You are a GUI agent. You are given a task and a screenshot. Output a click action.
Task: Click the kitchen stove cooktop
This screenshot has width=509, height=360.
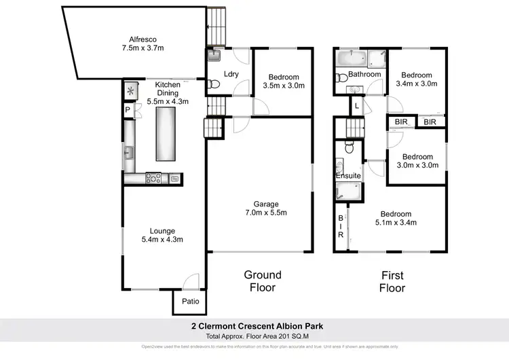(153, 179)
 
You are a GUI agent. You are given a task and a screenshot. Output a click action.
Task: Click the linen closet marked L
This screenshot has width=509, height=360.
(357, 105)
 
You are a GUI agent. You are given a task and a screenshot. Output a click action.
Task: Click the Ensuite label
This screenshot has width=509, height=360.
(349, 176)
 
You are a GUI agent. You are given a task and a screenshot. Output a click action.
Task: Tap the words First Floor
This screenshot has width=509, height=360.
(392, 281)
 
